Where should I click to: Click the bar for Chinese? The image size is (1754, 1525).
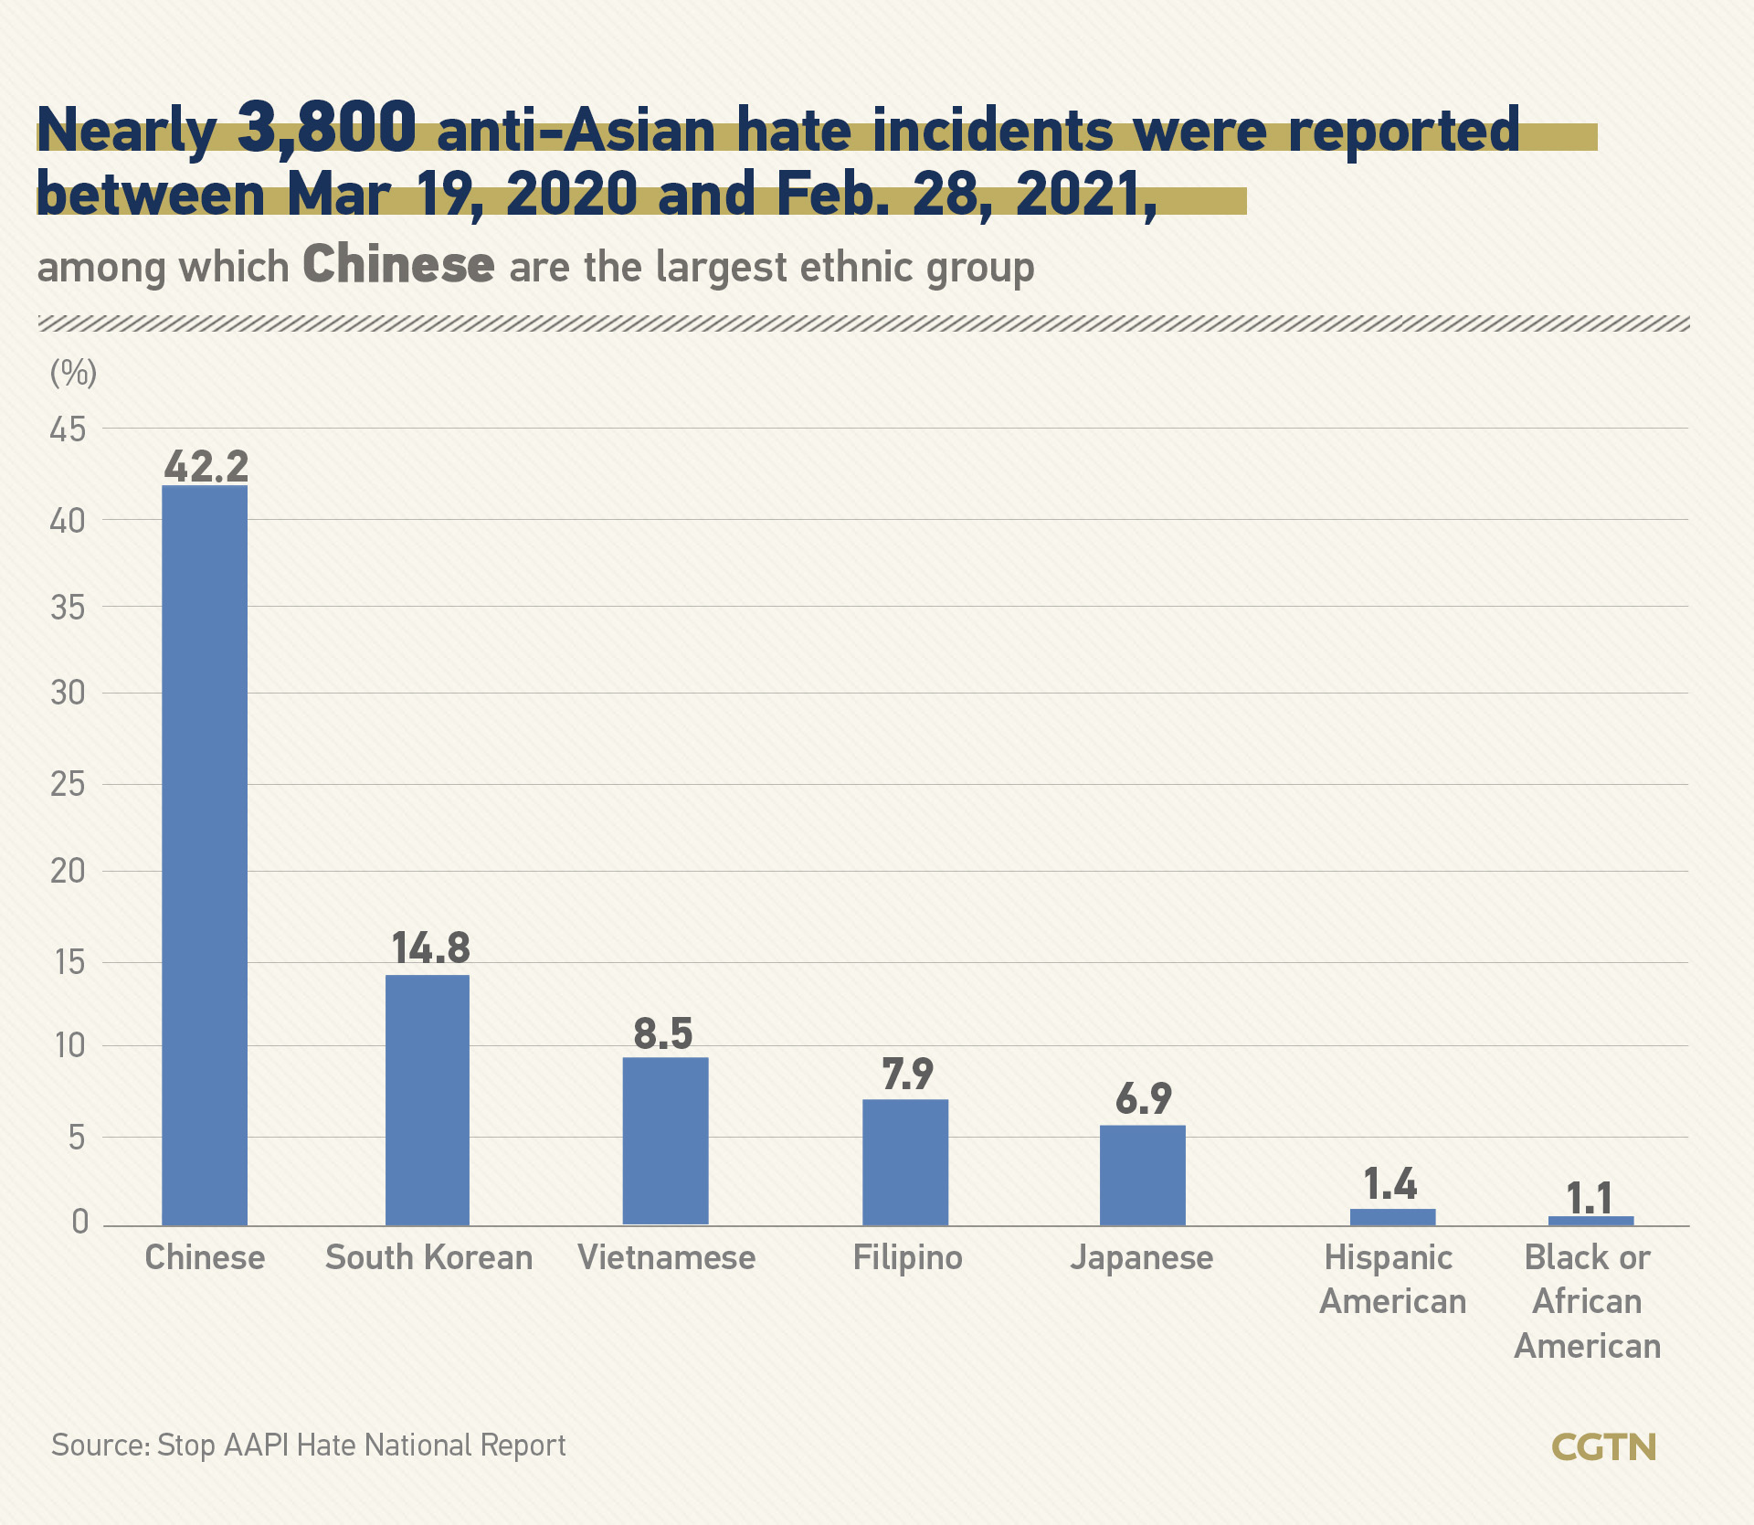tap(205, 854)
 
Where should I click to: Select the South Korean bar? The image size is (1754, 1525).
tap(428, 1099)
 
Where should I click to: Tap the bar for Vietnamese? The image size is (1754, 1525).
tap(665, 1140)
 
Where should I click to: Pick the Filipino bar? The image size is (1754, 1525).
tap(905, 1161)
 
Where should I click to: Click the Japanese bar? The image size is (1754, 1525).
tap(1142, 1175)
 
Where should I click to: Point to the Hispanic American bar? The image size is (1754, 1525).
tap(1392, 1216)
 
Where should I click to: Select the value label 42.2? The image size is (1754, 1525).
tap(206, 466)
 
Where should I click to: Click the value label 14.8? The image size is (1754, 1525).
tap(430, 948)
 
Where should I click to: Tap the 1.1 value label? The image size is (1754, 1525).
tap(1590, 1198)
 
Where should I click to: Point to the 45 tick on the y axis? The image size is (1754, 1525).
tap(68, 429)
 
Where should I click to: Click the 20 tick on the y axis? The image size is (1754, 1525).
tap(68, 871)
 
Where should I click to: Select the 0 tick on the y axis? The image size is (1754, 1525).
tap(80, 1222)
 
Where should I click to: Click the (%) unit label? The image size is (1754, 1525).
tap(73, 373)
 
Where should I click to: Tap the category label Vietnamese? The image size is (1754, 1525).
tap(666, 1257)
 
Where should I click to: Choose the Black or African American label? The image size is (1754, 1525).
tap(1588, 1301)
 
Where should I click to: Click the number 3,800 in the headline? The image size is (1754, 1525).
tap(326, 127)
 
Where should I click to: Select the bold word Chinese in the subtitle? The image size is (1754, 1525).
tap(398, 265)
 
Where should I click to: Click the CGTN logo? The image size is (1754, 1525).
tap(1604, 1447)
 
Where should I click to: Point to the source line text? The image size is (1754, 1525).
tap(309, 1445)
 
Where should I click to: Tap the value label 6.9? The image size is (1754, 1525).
tap(1143, 1098)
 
